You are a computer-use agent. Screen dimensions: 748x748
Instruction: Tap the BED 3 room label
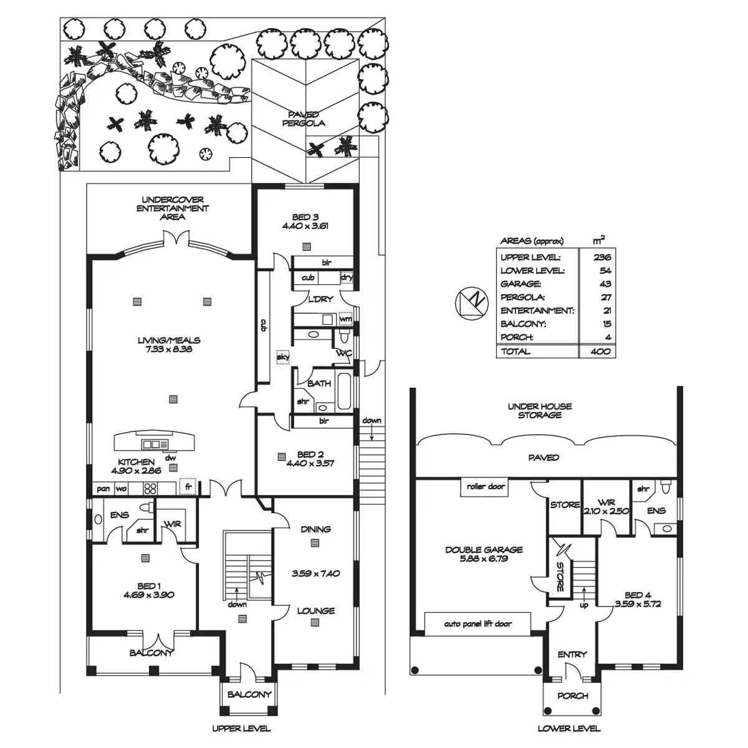pos(305,217)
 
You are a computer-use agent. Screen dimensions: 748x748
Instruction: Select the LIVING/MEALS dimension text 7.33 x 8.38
pos(170,350)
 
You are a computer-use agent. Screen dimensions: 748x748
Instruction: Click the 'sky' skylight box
pos(282,357)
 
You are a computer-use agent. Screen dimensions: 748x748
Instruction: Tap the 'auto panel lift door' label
pos(477,623)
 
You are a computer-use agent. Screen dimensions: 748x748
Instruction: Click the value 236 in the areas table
pos(603,257)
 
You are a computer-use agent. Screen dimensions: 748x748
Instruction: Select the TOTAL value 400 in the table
pos(603,352)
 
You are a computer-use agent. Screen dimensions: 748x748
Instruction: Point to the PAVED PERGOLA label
pos(304,118)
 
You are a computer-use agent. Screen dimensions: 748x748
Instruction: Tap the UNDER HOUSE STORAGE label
pos(540,410)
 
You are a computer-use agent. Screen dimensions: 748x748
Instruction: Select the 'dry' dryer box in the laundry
pos(347,277)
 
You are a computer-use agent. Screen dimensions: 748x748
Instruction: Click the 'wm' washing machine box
pos(346,319)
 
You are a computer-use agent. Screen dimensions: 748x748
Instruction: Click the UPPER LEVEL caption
pos(241,728)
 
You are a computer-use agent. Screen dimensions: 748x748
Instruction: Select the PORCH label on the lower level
pos(572,696)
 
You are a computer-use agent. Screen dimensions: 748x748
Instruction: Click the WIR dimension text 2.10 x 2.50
pos(607,511)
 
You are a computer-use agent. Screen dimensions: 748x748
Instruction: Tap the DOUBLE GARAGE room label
pos(484,550)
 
